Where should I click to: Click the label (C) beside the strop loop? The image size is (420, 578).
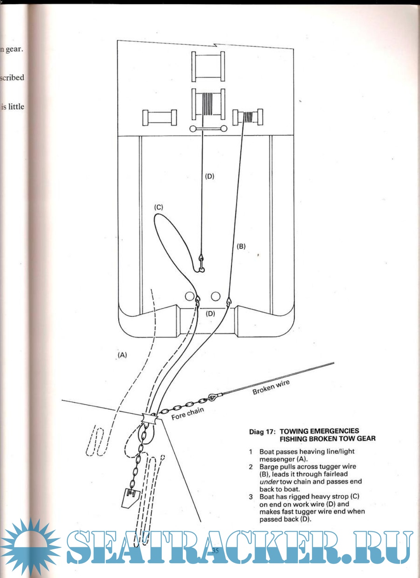(x=159, y=207)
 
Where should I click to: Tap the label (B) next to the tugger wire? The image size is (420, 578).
(x=241, y=246)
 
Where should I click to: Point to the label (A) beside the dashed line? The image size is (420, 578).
(x=122, y=355)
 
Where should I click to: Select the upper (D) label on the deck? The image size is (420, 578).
(x=210, y=176)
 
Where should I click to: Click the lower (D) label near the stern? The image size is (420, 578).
(x=210, y=313)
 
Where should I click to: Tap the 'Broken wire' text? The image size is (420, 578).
(x=271, y=387)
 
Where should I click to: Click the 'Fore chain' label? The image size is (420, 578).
(x=187, y=413)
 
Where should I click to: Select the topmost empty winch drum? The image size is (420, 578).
(x=208, y=66)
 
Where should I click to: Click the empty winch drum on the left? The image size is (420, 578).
(x=159, y=118)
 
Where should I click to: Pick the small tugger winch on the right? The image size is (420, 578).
(x=248, y=117)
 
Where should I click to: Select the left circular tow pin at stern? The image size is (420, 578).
(x=189, y=296)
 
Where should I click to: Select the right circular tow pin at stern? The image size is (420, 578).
(x=215, y=296)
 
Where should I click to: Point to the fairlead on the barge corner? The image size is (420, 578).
(x=150, y=419)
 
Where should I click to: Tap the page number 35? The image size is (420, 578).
(x=215, y=550)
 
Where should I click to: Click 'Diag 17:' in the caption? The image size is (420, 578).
(x=262, y=432)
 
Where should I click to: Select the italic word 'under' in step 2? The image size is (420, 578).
(x=269, y=482)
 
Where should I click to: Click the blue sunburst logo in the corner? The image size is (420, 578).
(x=29, y=547)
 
